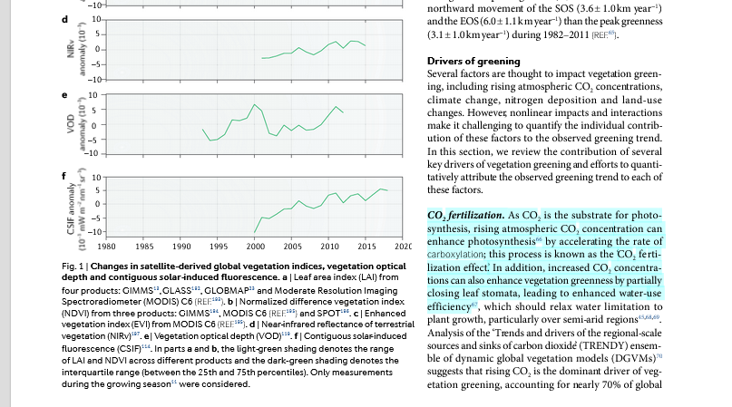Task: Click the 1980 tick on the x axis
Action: click(x=105, y=246)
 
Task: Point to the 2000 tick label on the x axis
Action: click(x=256, y=246)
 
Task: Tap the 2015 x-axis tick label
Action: click(x=367, y=246)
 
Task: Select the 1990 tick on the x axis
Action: click(x=181, y=246)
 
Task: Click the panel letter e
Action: click(x=63, y=94)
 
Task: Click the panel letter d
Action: click(x=63, y=20)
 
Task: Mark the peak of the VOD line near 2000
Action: click(x=255, y=105)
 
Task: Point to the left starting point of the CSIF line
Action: click(x=256, y=233)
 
